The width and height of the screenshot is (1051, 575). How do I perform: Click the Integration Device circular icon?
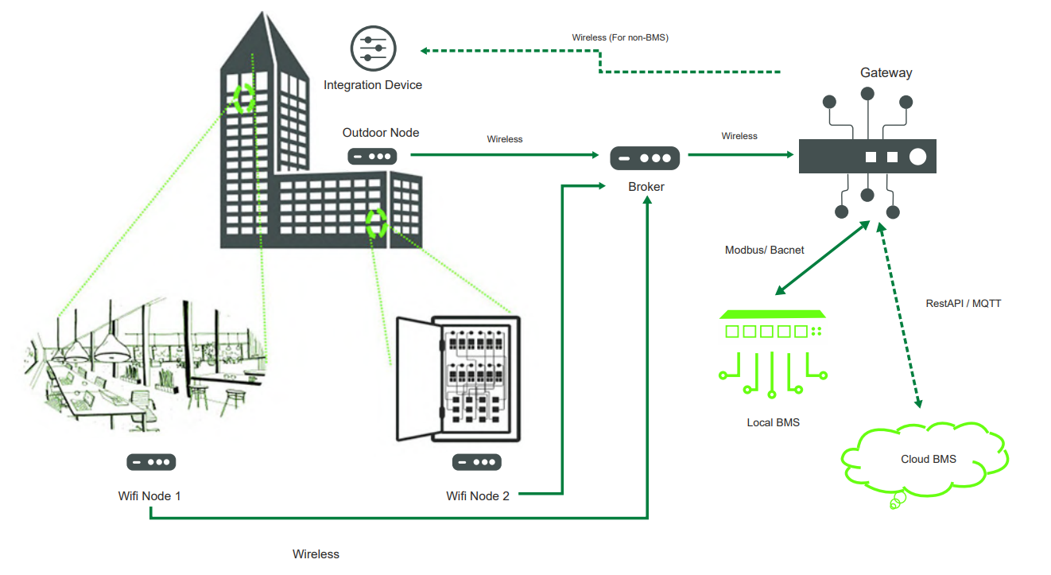372,49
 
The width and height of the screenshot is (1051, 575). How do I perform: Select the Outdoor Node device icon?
370,157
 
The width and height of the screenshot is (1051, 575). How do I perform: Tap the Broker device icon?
645,158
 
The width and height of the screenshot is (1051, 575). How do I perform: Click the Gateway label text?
886,73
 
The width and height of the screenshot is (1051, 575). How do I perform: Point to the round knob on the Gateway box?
917,157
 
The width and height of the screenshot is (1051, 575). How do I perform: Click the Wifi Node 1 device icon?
151,462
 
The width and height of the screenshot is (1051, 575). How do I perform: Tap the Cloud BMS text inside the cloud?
928,460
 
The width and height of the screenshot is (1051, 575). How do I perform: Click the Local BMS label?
773,423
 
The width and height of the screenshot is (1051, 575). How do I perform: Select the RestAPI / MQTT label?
963,304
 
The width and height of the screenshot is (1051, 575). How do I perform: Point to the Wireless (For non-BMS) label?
619,38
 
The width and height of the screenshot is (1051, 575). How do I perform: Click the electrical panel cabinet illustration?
459,379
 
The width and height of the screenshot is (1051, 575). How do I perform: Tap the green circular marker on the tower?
242,98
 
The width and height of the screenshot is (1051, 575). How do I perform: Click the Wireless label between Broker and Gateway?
739,136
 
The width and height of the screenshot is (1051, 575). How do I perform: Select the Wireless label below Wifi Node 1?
316,554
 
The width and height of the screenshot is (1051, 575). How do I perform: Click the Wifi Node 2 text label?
478,496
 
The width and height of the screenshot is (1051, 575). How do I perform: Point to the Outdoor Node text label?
380,133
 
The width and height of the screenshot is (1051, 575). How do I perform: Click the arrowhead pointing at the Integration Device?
425,51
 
